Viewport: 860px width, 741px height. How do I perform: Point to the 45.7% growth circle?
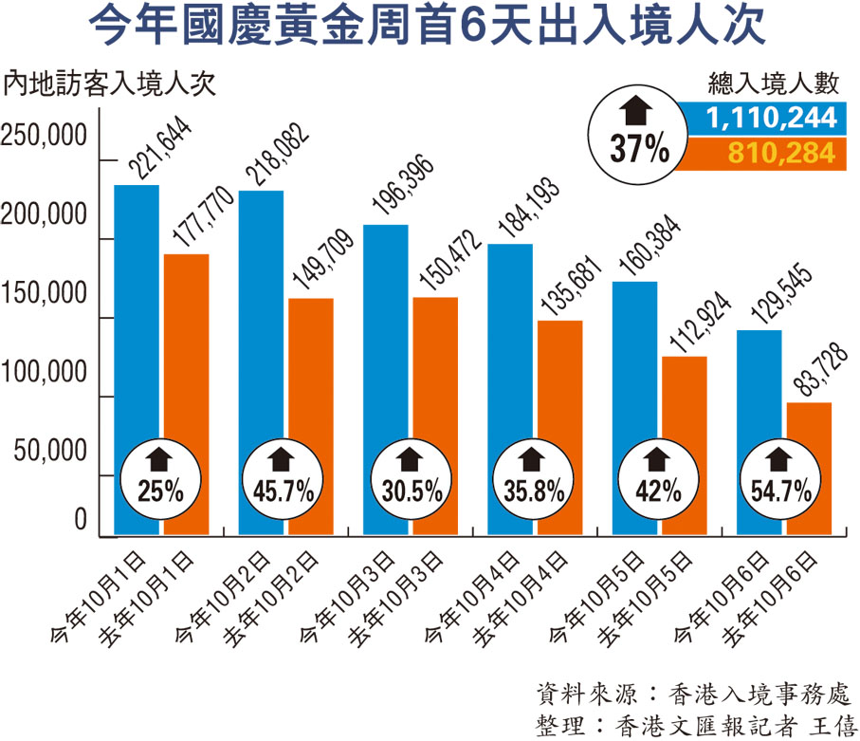284,479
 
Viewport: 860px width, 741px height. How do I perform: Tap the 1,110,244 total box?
763,118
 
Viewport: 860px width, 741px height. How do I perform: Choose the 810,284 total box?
763,152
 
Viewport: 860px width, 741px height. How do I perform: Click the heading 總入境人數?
774,83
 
